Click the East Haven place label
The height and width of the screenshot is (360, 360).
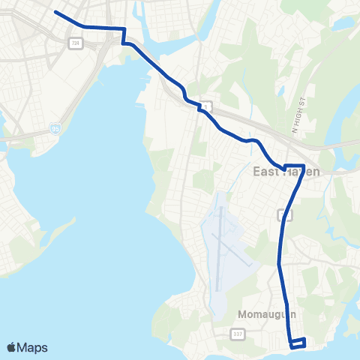[x=285, y=172]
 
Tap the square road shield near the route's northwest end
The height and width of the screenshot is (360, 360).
[x=74, y=43]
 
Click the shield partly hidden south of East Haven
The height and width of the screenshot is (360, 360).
[x=282, y=215]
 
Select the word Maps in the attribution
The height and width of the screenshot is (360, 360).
[x=32, y=347]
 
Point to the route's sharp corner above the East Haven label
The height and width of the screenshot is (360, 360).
[x=303, y=165]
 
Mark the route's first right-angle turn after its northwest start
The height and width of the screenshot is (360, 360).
[x=123, y=28]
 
